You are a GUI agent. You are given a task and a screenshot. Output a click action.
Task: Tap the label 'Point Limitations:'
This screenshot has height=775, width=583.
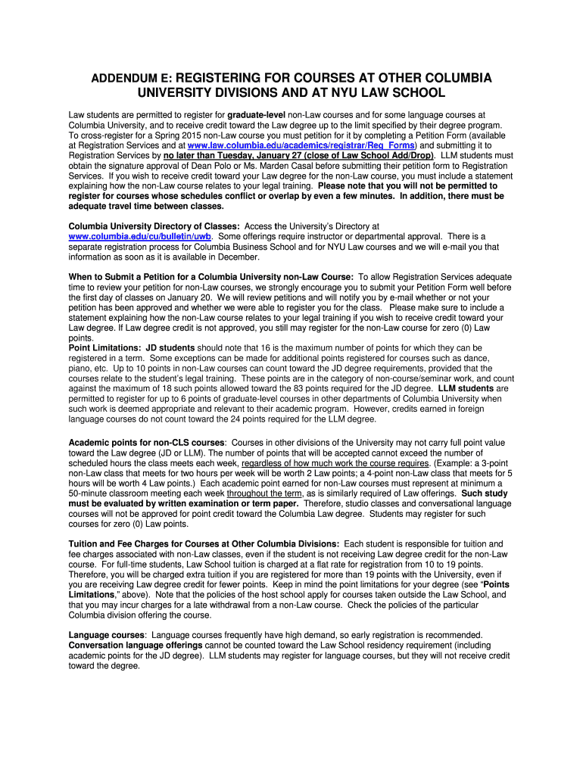(104, 347)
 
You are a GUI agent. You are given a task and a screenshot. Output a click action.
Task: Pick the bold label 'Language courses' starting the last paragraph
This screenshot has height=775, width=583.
(107, 634)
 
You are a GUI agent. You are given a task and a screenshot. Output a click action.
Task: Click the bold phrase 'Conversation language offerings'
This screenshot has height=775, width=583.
(136, 645)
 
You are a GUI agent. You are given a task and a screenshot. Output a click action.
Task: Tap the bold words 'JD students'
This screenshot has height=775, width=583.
(170, 347)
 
